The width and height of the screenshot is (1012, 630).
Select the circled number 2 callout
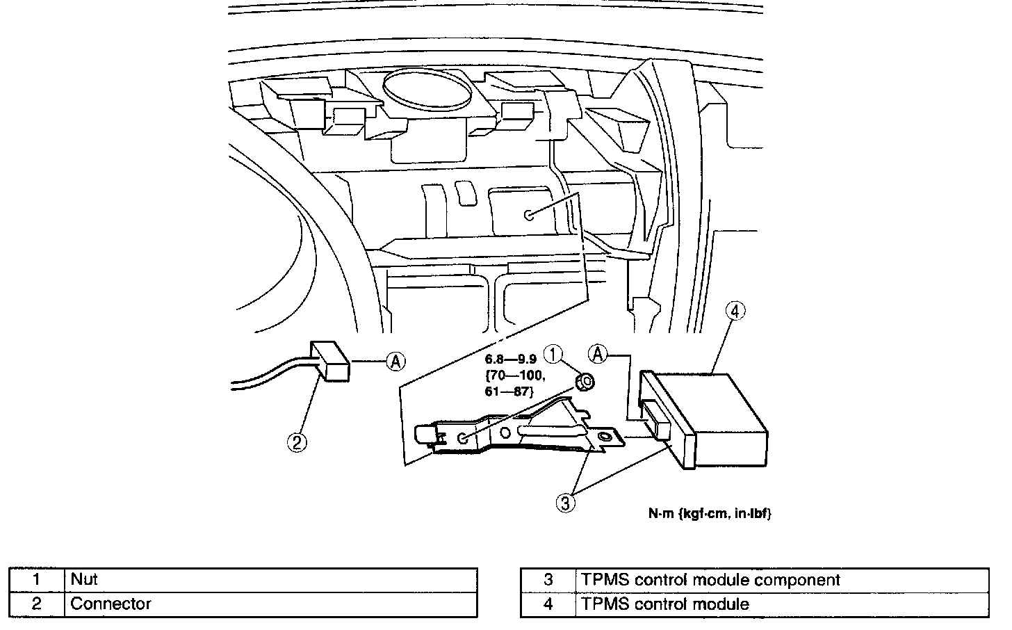click(297, 442)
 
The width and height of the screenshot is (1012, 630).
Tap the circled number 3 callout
click(566, 503)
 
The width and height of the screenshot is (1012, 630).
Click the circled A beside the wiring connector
click(395, 360)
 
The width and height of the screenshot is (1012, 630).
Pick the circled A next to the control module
click(597, 354)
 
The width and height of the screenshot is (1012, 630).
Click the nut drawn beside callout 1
click(585, 381)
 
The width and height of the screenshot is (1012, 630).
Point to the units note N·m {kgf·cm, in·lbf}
click(710, 514)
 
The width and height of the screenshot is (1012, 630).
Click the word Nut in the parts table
click(84, 579)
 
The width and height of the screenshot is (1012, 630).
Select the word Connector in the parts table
click(111, 604)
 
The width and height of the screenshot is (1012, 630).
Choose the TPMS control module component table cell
click(708, 580)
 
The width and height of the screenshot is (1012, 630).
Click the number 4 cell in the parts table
click(548, 604)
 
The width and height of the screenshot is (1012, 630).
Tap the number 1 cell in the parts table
click(37, 579)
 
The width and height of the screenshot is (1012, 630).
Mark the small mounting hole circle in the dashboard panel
click(530, 215)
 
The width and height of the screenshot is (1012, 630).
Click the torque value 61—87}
click(509, 391)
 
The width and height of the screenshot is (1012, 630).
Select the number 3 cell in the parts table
click(548, 580)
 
